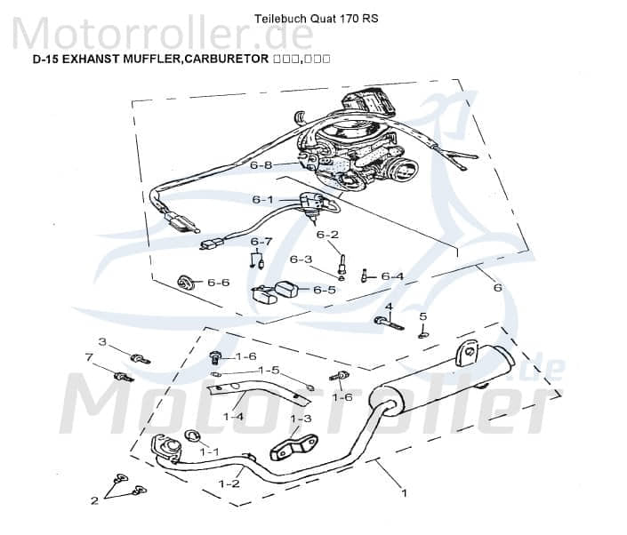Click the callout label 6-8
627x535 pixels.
coord(261,165)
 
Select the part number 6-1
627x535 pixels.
coord(262,200)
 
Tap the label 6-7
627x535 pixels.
coord(261,242)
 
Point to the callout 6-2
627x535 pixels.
coord(328,235)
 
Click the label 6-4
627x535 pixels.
coord(392,276)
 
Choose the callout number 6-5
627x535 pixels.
coord(324,290)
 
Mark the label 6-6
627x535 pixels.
coord(218,283)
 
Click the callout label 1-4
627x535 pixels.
coord(234,416)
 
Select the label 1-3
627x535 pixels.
coord(301,418)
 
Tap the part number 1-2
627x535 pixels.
coord(229,483)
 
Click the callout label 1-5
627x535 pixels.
coord(269,370)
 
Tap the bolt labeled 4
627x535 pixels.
coord(389,321)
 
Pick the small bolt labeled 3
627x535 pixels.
coord(140,358)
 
